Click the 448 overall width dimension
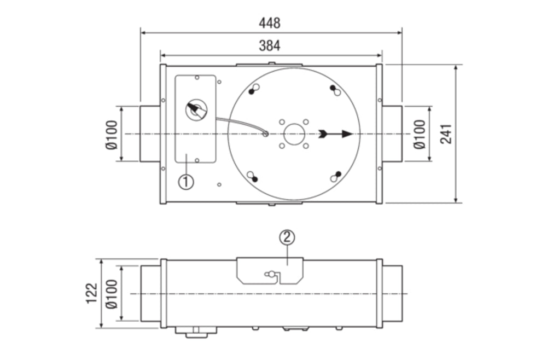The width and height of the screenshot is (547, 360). tap(270, 23)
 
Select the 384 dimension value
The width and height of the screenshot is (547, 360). tap(270, 46)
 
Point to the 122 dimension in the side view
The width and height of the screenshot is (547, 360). tap(91, 293)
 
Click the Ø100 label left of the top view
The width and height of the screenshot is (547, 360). tap(112, 134)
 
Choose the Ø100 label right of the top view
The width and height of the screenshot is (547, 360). tap(419, 134)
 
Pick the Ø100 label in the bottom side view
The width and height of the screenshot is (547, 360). tap(112, 294)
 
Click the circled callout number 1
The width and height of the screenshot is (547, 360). tap(187, 181)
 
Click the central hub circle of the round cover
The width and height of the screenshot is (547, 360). tap(294, 133)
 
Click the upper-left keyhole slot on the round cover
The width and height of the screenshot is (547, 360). tap(253, 89)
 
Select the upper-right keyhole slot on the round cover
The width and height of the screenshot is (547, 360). tap(335, 90)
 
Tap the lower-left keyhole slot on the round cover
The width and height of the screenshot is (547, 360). tap(253, 177)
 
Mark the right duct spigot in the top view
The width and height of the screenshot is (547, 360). tap(392, 134)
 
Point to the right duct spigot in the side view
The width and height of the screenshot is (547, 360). tap(392, 294)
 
